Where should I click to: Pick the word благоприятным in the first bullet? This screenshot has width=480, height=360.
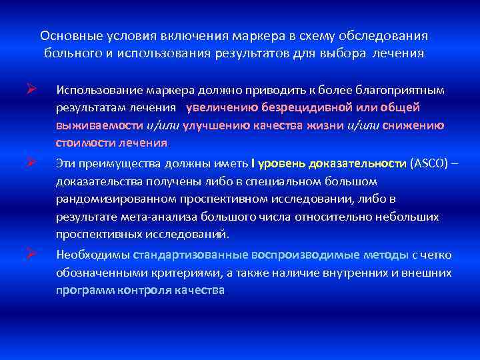coord(389,89)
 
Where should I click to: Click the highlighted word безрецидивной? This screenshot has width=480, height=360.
coord(301,107)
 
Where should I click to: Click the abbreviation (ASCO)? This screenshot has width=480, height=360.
coord(429,163)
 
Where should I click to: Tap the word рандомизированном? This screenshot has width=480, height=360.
coord(114,199)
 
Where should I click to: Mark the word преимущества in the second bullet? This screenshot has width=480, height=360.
coord(116,163)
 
